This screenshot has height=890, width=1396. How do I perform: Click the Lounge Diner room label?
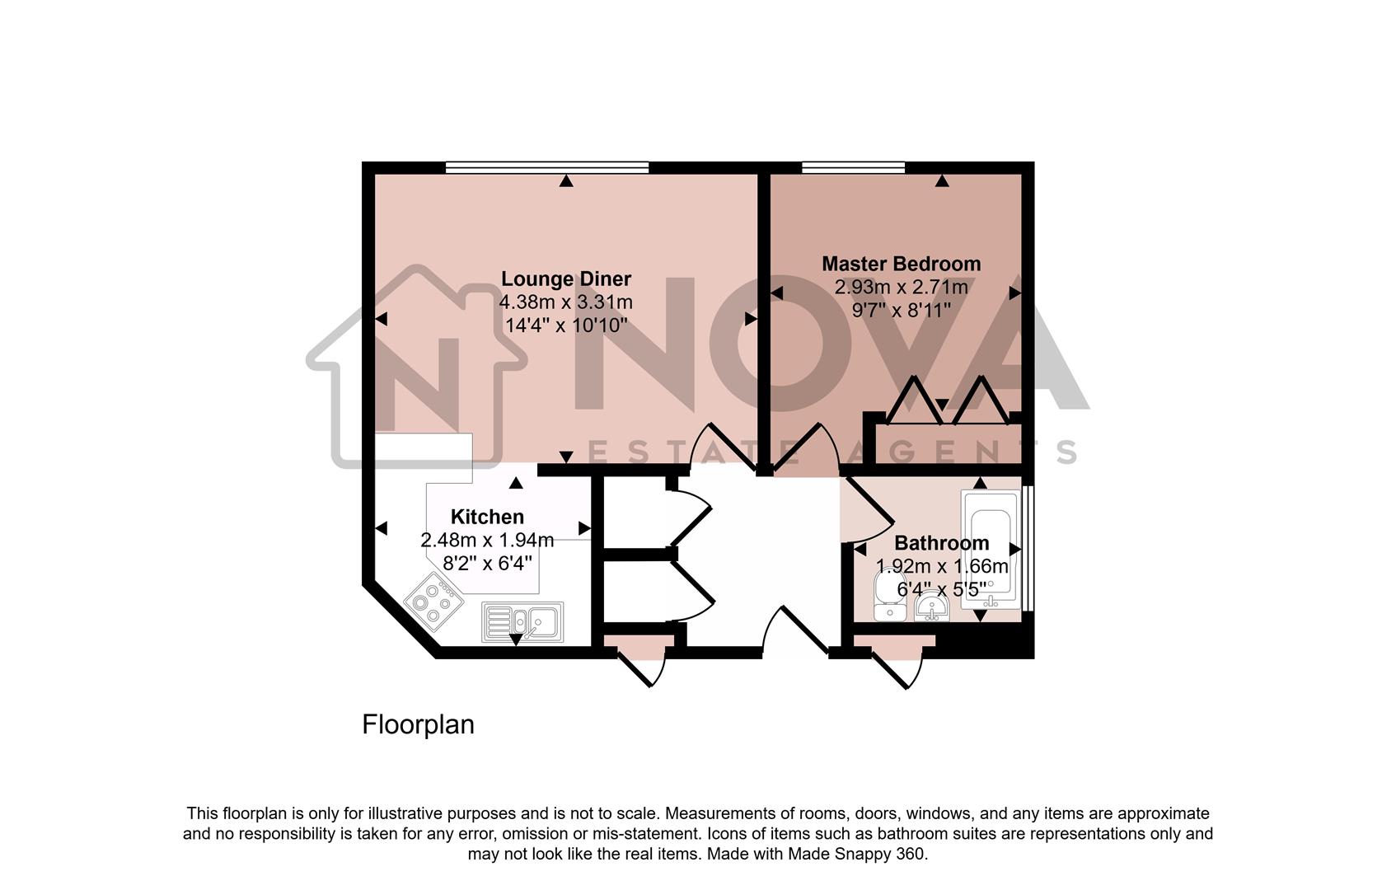click(566, 279)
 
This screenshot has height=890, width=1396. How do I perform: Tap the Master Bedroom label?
click(901, 264)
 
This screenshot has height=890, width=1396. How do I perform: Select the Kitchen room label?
click(487, 517)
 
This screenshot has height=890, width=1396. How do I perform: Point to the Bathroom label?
click(941, 543)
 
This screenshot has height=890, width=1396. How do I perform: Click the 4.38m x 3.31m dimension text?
click(566, 302)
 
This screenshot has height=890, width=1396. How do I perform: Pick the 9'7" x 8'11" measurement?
click(901, 311)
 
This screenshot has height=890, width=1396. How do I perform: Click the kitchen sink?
click(522, 621)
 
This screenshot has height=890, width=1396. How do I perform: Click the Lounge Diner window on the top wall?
click(546, 167)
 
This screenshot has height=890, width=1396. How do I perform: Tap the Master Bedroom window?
click(853, 167)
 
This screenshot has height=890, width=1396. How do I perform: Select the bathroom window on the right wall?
click(1027, 548)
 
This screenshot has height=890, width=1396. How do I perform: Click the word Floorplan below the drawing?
click(418, 724)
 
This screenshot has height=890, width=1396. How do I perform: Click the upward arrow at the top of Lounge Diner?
click(566, 181)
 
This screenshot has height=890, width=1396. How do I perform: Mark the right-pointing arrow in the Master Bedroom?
click(1015, 293)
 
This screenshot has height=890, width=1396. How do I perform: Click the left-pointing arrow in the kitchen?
click(381, 528)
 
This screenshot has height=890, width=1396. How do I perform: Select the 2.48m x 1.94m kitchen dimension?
click(487, 541)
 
